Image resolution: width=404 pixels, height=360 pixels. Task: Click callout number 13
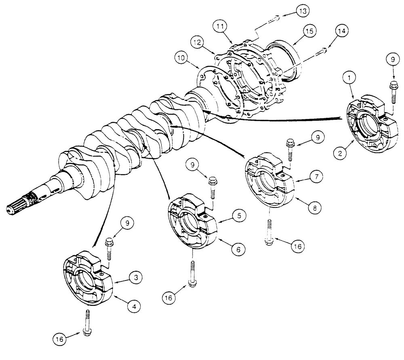tap(301, 11)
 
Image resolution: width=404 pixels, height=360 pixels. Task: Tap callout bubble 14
tap(342, 31)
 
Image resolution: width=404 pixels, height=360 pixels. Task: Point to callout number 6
tap(238, 249)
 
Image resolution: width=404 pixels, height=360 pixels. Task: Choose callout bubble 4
tap(133, 306)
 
